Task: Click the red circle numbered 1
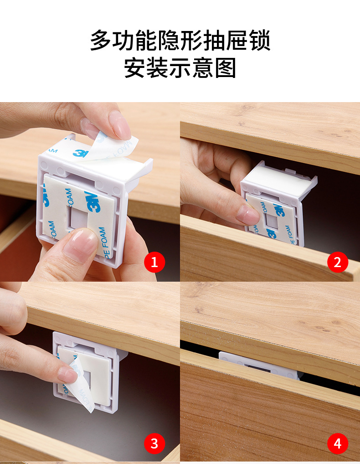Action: coord(154,262)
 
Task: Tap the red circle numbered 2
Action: coord(337,262)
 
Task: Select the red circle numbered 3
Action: coord(154,443)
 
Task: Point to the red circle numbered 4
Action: coord(337,443)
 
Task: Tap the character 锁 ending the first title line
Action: coord(259,41)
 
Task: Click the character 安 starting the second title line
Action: coord(135,68)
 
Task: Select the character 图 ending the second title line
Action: coord(226,68)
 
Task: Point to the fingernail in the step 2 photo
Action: coord(247,214)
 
